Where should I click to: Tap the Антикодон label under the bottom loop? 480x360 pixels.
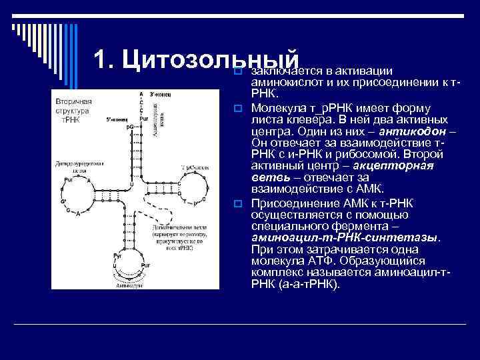point(130,285)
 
